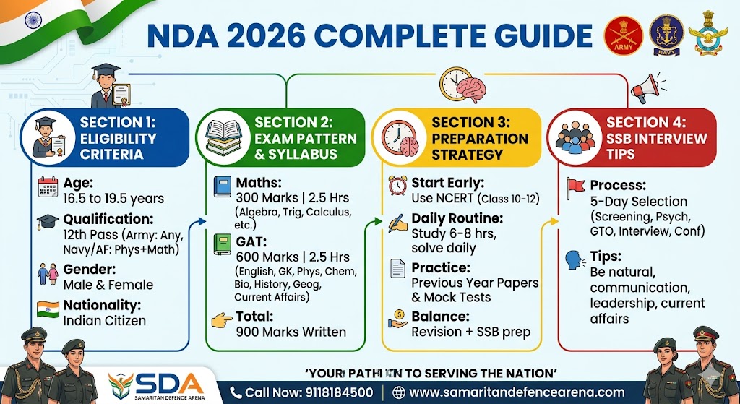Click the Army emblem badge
[x=623, y=34]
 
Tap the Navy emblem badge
[x=666, y=34]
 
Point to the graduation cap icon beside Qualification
[x=48, y=223]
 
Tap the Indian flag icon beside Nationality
[x=48, y=310]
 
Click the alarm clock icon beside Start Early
[x=397, y=186]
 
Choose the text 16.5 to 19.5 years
[x=113, y=198]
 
